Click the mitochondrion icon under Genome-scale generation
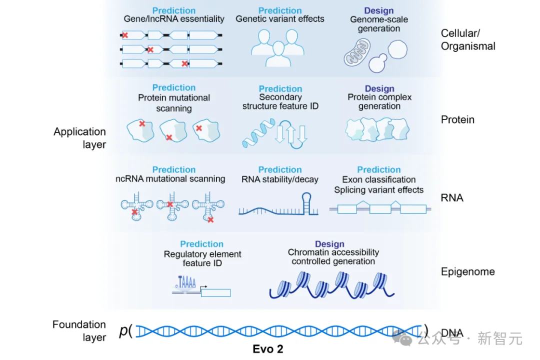pos(357,52)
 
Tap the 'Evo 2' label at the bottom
pos(268,349)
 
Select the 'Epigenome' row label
pos(467,272)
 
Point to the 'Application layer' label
pos(80,138)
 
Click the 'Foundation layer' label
pos(79,330)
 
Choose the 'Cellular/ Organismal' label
pos(468,39)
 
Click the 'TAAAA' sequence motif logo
pos(186,282)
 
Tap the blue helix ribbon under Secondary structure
pos(258,133)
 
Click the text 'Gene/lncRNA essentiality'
pos(174,19)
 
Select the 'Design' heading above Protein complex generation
pos(379,88)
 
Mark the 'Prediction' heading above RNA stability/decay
pos(280,169)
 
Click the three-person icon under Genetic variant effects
pos(278,48)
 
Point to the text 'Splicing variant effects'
pos(379,190)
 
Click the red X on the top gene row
pos(125,35)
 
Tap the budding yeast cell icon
pos(388,56)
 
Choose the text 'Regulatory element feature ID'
pos(202,258)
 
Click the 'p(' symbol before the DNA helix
pos(125,330)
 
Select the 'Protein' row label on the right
pos(457,119)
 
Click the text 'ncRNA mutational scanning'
pos(170,179)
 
